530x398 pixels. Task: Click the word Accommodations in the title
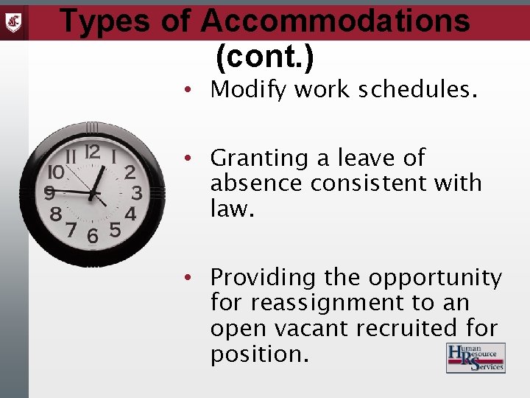click(335, 21)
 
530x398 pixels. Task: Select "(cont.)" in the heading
click(264, 57)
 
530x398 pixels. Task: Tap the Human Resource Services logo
click(476, 357)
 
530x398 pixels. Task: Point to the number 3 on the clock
click(136, 193)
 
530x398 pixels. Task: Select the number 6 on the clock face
click(93, 237)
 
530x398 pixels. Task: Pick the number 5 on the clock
click(115, 230)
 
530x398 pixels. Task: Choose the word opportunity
click(435, 278)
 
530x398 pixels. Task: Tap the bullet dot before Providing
click(189, 278)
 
